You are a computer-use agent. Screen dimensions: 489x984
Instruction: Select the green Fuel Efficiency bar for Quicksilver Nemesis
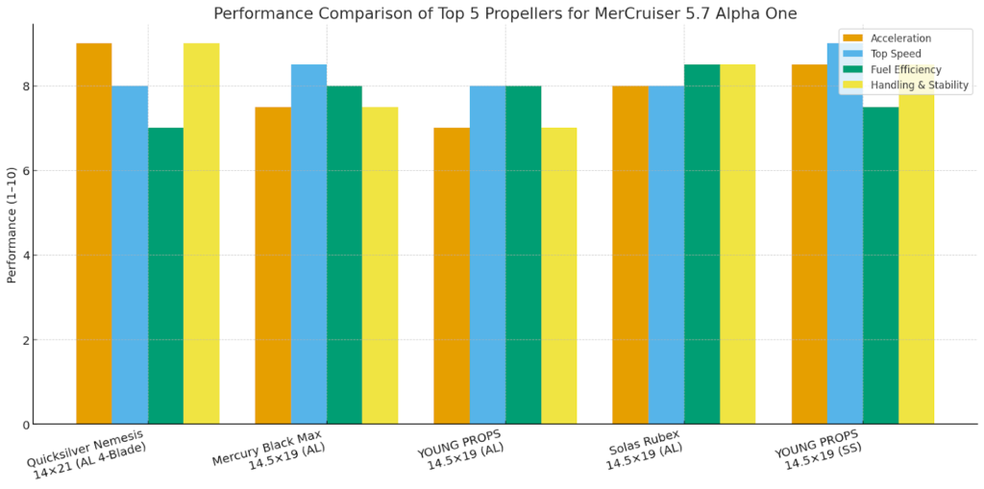(x=165, y=276)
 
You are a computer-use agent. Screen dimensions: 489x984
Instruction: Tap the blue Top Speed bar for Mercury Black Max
(x=308, y=244)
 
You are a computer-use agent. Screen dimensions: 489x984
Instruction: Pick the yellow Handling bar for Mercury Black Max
(x=380, y=265)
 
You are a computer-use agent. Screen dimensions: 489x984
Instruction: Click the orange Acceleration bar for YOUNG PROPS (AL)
(x=452, y=276)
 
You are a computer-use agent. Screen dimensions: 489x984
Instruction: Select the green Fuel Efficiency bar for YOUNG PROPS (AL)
(x=523, y=255)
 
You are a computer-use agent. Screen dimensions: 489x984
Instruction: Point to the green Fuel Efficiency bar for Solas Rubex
(x=701, y=244)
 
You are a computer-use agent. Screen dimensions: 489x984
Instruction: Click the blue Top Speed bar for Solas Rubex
(x=666, y=255)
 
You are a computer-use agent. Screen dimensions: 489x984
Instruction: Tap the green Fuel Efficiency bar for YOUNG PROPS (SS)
(x=880, y=265)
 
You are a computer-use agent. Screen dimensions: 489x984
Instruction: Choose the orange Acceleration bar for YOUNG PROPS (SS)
(x=809, y=244)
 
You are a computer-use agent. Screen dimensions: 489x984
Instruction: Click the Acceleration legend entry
(x=900, y=38)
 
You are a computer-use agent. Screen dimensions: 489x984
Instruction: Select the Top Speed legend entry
(x=896, y=54)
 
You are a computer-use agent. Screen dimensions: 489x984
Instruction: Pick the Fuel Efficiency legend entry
(x=905, y=69)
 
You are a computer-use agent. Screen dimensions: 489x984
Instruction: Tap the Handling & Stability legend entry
(x=919, y=85)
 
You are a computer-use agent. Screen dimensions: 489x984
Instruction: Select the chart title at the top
(x=504, y=13)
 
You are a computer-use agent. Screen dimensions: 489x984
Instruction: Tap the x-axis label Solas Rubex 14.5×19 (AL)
(x=644, y=456)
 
